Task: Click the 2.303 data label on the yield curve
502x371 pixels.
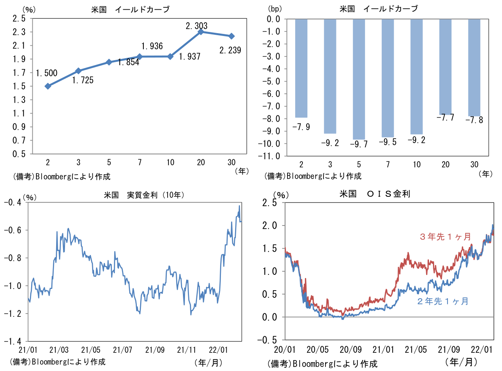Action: coord(197,26)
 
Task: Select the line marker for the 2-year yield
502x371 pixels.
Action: coord(48,86)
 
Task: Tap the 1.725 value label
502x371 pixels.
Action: coord(83,80)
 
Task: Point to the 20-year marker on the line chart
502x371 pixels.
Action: coord(201,32)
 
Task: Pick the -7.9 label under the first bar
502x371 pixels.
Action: coord(301,127)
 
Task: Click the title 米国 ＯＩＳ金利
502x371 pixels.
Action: coord(375,194)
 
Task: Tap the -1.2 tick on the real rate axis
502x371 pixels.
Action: coord(14,314)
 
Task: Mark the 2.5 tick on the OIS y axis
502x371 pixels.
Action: coord(273,203)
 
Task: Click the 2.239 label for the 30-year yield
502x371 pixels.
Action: coord(230,50)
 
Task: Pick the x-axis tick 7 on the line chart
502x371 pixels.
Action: coord(139,163)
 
